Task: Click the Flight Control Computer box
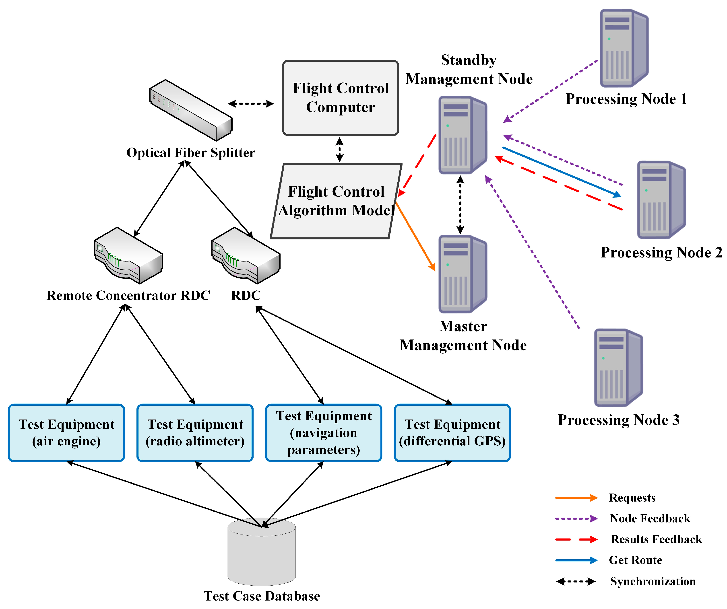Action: (340, 98)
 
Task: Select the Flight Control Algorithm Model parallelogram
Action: (336, 201)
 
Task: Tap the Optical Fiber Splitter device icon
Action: (191, 110)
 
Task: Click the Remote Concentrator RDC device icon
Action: (128, 255)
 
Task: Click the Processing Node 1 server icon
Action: (624, 48)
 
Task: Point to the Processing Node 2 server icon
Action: (661, 200)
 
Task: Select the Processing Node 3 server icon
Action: (618, 368)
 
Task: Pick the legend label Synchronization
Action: (653, 581)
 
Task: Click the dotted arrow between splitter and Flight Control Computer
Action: (251, 103)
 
